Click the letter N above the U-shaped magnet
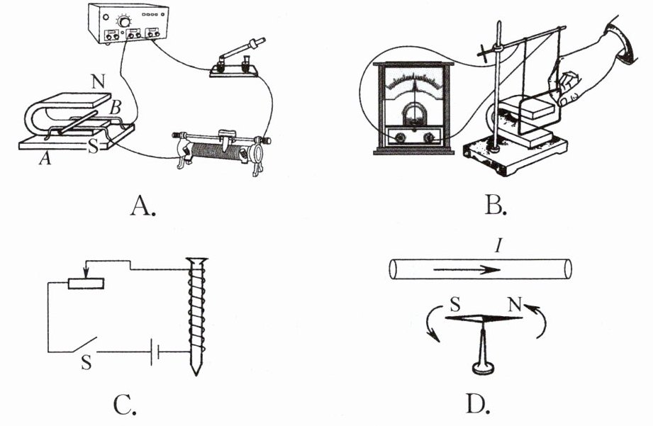click(99, 82)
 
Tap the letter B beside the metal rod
click(115, 108)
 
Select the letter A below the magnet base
click(45, 158)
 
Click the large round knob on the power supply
click(123, 22)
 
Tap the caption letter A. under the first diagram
click(143, 206)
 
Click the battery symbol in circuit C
click(156, 352)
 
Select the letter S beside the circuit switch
click(86, 362)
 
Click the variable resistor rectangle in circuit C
click(86, 284)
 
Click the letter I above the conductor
click(498, 247)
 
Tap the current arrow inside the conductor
click(467, 270)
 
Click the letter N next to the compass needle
click(515, 305)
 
